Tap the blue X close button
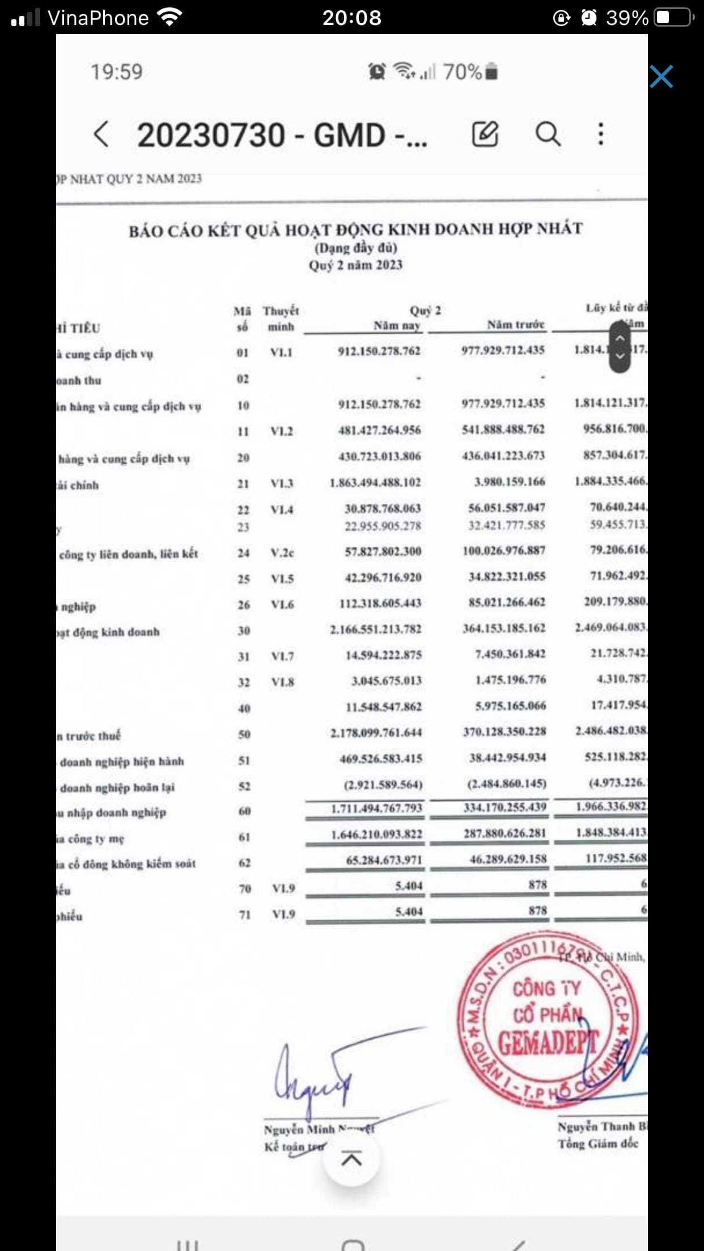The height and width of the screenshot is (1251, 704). [661, 76]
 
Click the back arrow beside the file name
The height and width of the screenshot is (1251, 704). [101, 135]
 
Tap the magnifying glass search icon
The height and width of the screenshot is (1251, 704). [548, 134]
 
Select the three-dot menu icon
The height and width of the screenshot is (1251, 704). [601, 134]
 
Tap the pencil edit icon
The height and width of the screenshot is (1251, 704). [485, 134]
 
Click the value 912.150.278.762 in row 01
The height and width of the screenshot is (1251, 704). [379, 351]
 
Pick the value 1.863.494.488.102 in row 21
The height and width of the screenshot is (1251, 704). [375, 483]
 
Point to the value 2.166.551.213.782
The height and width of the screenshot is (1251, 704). [376, 629]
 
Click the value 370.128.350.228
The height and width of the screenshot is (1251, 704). [504, 732]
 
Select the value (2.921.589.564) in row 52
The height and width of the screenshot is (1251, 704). [383, 785]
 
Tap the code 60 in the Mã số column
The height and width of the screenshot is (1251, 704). [244, 811]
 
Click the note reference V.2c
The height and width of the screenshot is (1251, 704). [282, 553]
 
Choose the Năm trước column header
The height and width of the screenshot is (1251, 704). [515, 325]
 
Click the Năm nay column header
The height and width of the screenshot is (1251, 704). [397, 326]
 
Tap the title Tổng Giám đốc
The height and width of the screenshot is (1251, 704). [598, 1144]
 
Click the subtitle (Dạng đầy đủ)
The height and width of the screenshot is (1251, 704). [356, 248]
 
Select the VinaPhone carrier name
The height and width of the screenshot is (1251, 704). [98, 18]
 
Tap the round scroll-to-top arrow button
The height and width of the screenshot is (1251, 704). [351, 1159]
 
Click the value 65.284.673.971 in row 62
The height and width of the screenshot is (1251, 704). [384, 860]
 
